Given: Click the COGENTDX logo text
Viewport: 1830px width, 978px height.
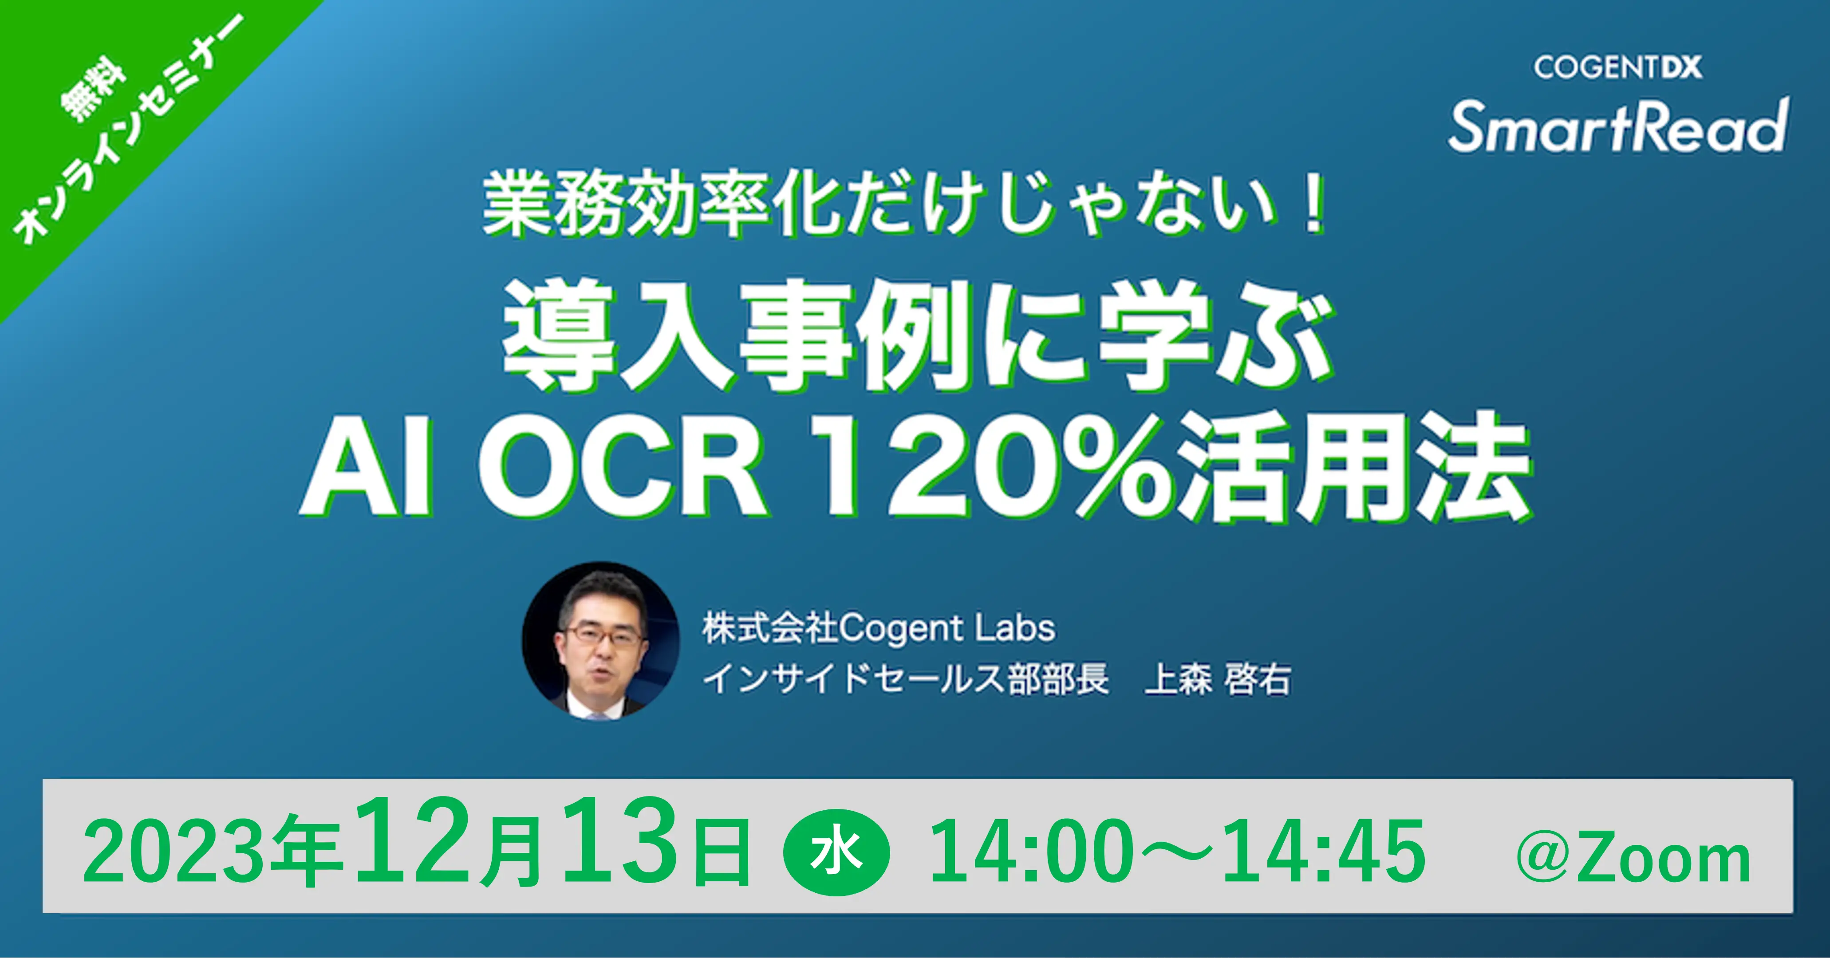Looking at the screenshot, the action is pos(1617,68).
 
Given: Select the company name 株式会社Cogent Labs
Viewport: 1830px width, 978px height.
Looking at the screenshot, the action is pos(879,628).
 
